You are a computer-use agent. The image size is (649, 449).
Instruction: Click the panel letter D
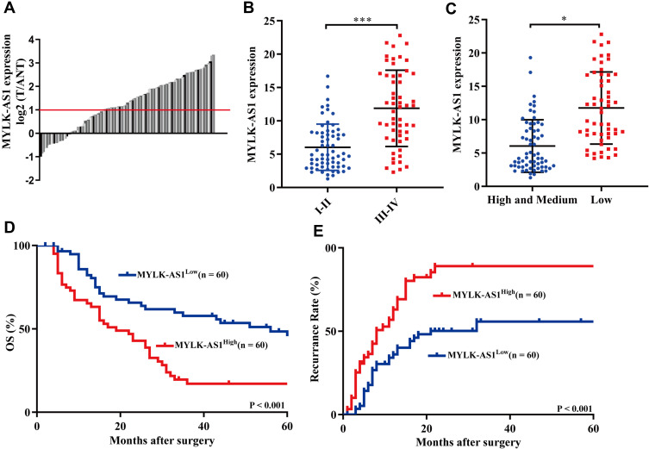click(9, 231)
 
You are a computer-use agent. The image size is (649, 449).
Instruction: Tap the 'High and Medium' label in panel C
click(514, 201)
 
